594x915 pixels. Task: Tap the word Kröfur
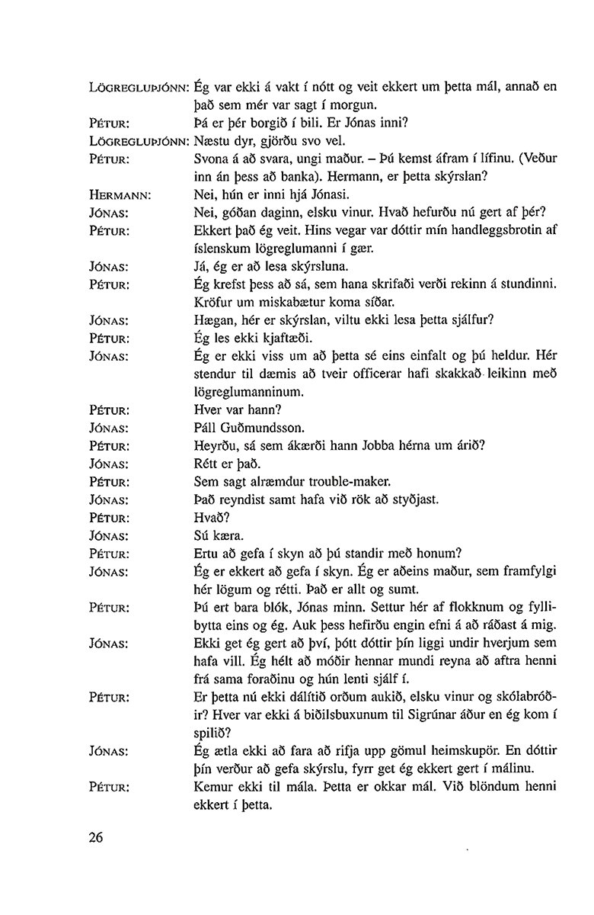214,302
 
